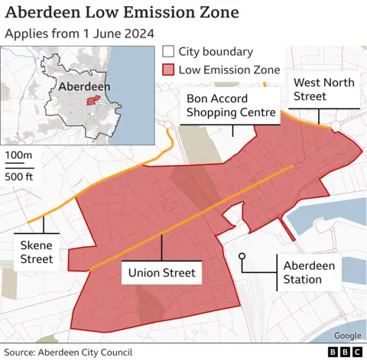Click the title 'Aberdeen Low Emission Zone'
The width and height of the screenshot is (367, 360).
[122, 13]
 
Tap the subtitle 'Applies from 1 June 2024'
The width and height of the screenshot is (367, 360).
[80, 34]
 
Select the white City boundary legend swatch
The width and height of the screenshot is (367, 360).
[168, 52]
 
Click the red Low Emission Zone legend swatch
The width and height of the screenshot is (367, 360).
[168, 70]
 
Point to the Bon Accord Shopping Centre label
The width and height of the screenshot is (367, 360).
[231, 106]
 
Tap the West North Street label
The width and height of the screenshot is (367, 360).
[320, 89]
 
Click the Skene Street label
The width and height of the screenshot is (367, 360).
[37, 251]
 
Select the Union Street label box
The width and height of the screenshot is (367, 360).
[161, 273]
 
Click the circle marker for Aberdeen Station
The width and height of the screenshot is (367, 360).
[242, 257]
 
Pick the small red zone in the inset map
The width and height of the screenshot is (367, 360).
[94, 101]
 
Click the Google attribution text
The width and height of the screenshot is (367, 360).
[347, 336]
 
